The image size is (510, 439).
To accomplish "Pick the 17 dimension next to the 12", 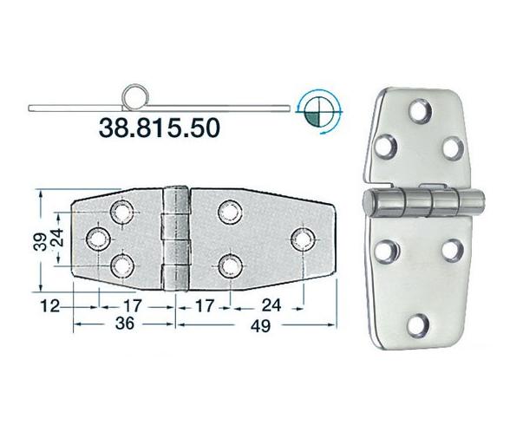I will click(x=131, y=305).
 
